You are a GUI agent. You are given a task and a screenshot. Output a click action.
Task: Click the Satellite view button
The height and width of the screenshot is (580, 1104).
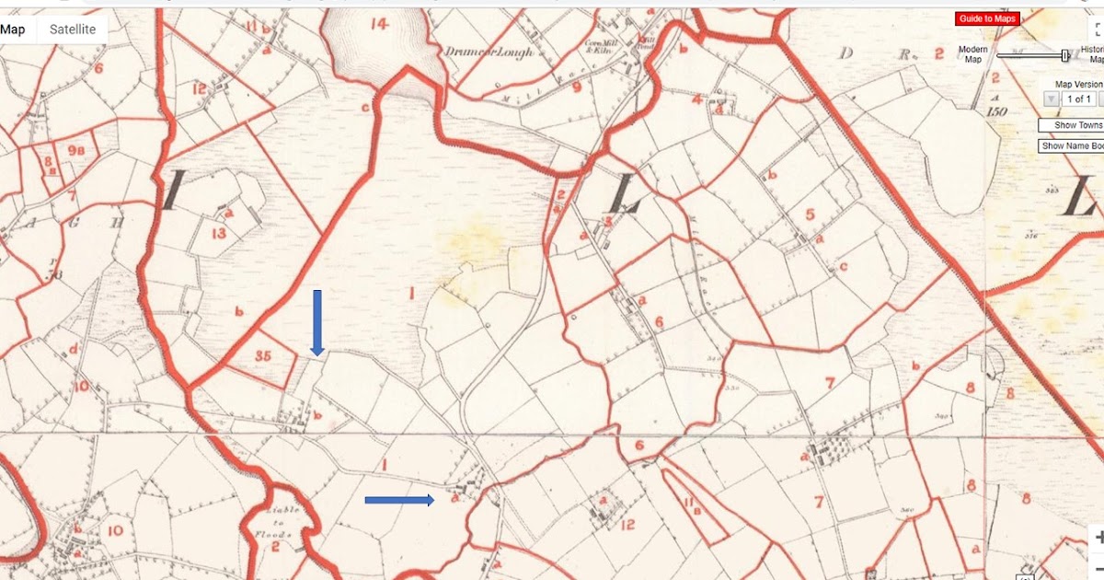pyautogui.click(x=73, y=29)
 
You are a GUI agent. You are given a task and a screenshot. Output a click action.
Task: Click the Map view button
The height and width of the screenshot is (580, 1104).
pyautogui.click(x=13, y=29)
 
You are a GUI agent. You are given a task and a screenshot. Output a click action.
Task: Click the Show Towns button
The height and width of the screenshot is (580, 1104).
pyautogui.click(x=1072, y=125)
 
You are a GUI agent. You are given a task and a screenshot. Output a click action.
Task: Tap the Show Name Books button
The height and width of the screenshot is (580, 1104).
pyautogui.click(x=1072, y=146)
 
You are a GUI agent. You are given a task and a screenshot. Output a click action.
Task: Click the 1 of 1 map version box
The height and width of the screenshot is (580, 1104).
pyautogui.click(x=1078, y=99)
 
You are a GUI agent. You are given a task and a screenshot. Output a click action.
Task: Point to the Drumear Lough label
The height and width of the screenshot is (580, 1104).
pyautogui.click(x=477, y=51)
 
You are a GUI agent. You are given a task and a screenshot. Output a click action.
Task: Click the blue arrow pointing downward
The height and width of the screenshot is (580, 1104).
pyautogui.click(x=317, y=322)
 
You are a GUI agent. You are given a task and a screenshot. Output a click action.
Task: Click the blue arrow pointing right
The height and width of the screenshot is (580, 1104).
pyautogui.click(x=399, y=500)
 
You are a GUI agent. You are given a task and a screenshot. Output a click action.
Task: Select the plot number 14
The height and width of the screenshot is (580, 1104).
pyautogui.click(x=379, y=24)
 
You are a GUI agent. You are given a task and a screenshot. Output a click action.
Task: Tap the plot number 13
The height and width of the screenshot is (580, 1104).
pyautogui.click(x=218, y=234)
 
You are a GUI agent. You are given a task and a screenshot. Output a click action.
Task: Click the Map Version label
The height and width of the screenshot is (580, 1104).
pyautogui.click(x=1078, y=84)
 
